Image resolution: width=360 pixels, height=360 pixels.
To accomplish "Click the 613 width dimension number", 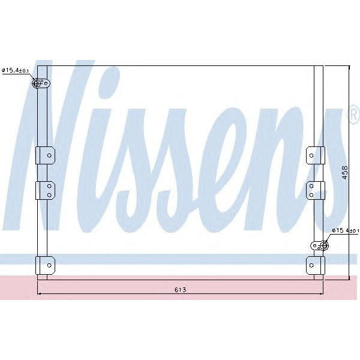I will pyautogui.click(x=181, y=290).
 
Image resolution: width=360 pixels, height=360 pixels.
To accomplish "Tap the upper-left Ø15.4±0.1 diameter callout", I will pyautogui.click(x=16, y=71).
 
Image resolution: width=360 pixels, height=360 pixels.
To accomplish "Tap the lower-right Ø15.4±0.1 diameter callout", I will pyautogui.click(x=346, y=230).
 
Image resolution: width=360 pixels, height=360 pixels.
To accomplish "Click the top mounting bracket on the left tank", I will pyautogui.click(x=46, y=155).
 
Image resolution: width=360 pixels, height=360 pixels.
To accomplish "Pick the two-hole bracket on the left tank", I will pyautogui.click(x=46, y=190).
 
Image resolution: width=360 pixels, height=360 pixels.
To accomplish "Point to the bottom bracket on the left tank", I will pyautogui.click(x=46, y=264).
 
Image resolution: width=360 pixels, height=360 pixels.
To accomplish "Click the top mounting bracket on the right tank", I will pyautogui.click(x=314, y=155).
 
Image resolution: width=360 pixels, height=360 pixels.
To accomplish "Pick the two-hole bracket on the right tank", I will pyautogui.click(x=314, y=190).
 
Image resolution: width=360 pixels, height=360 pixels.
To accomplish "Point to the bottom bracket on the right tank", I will pyautogui.click(x=314, y=264).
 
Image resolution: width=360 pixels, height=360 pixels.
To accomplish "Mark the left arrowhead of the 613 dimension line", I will pyautogui.click(x=40, y=294).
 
